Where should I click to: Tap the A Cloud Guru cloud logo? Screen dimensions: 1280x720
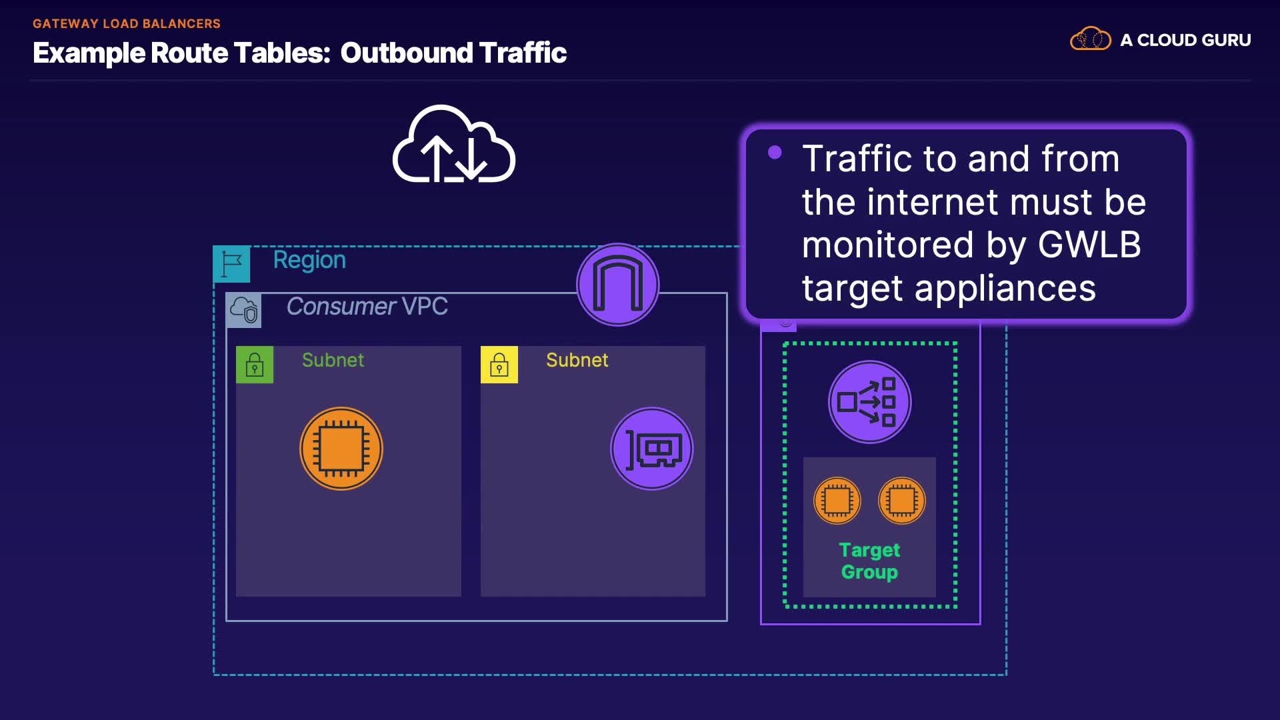1091,39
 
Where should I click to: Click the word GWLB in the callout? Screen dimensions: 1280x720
1090,245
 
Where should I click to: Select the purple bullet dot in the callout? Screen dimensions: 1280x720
775,153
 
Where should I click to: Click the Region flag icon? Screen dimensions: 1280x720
231,264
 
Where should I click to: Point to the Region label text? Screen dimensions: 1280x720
309,261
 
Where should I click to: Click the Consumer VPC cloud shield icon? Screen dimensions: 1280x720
244,310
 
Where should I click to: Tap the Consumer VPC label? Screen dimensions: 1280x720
367,306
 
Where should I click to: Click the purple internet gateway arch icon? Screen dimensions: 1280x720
618,285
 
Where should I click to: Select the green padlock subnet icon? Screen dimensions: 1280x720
255,365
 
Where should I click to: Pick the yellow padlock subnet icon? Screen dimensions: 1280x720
499,365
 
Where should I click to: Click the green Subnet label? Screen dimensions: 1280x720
333,360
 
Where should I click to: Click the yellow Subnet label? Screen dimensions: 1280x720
577,360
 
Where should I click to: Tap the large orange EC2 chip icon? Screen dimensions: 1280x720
341,449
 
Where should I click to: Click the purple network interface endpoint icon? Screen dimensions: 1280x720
652,449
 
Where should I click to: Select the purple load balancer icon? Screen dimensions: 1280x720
870,402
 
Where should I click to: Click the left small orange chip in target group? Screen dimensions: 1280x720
837,501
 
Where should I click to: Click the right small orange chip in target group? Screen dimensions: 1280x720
902,501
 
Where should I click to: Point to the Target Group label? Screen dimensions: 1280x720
869,561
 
